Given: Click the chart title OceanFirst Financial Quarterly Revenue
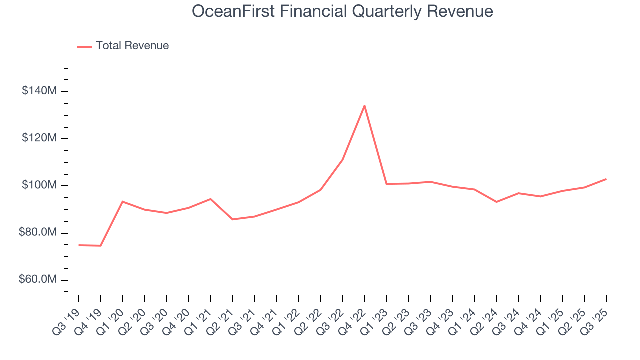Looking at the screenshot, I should point(342,12).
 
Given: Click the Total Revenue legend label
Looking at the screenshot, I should point(132,46).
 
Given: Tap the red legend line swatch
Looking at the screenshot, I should point(85,46).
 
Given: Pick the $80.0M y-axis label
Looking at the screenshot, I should point(38,233).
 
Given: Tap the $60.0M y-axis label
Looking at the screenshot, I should point(38,280).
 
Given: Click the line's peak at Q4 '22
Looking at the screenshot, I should point(364,105).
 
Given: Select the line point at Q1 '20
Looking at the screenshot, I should point(123,201).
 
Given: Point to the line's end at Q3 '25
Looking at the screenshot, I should point(606,179).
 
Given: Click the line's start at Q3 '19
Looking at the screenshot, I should point(79,245).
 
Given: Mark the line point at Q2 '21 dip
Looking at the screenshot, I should point(233,219).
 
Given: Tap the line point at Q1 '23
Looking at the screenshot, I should point(386,184).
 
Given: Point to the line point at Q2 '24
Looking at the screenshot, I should point(496,202).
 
